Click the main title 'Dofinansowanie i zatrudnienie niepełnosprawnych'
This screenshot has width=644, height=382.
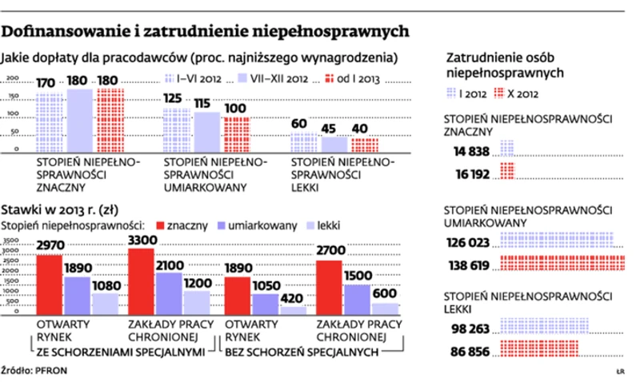coord(206,31)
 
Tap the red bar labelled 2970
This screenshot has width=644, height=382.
coord(50,284)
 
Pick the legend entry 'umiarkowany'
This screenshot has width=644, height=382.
coord(251,226)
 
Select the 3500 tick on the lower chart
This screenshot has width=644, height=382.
coord(11,240)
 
